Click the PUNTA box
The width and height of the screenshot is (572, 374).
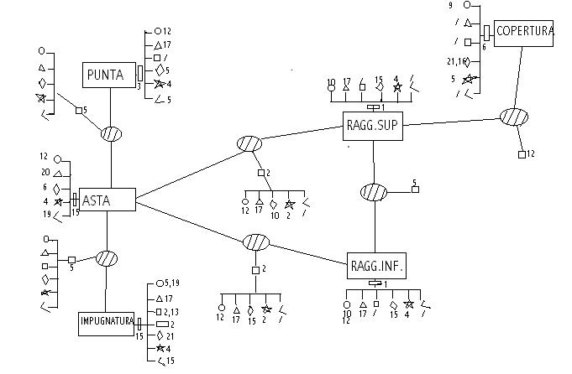coord(109,75)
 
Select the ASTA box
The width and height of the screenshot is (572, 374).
coord(108,200)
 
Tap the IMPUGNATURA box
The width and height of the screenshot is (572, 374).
coord(106,324)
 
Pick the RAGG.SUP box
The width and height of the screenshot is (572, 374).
coord(373,126)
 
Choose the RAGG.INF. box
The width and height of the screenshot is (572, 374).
coord(376,266)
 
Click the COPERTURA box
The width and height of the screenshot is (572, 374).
coord(523,34)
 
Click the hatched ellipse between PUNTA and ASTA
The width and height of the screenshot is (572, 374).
coord(111,134)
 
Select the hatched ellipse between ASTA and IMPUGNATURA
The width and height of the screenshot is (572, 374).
coord(107,259)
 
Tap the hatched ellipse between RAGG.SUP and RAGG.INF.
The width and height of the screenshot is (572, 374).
coord(374,192)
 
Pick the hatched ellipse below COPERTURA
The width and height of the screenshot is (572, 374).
coord(514,117)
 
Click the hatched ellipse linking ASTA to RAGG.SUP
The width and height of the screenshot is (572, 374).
coord(249,143)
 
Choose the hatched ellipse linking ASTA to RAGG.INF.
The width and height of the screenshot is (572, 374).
coord(256,242)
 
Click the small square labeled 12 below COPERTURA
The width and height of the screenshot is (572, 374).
coord(522,154)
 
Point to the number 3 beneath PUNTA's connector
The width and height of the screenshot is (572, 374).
coord(139,87)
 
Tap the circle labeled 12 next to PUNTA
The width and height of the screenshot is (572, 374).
coord(158,31)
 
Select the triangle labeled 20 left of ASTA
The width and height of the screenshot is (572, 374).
coord(58,174)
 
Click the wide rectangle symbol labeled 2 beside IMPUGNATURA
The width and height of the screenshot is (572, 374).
coord(163,325)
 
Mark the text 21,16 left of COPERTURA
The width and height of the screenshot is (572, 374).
coord(456,62)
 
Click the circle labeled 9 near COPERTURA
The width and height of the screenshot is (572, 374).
coord(467,5)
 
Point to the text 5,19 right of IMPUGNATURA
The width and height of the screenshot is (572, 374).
coord(172,283)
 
